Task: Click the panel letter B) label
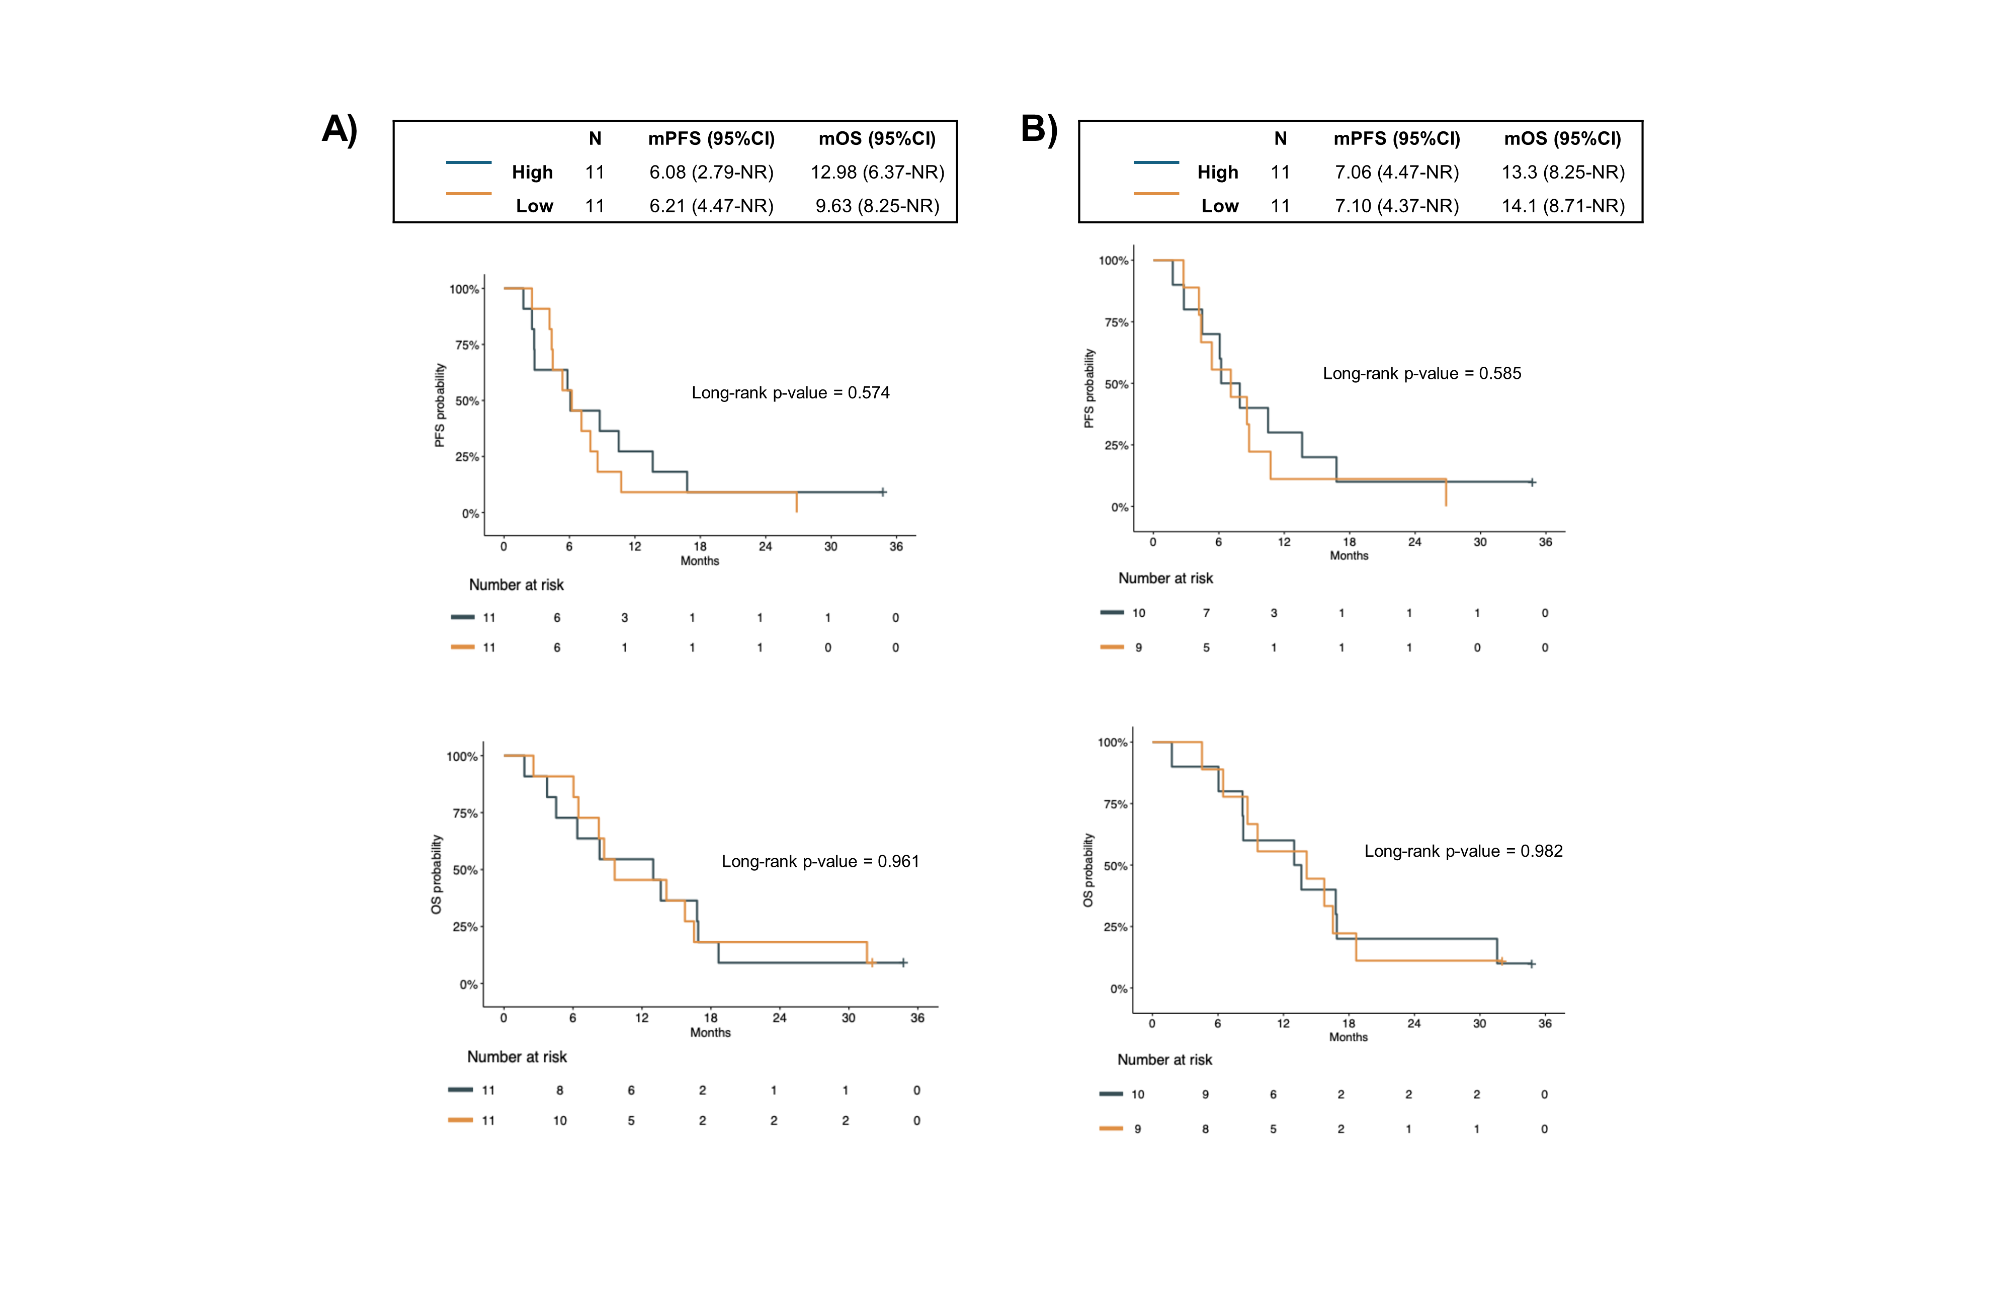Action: click(1039, 129)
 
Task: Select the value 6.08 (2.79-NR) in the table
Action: click(711, 173)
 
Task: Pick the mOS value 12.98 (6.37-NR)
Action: click(877, 173)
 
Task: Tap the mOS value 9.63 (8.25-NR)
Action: click(877, 206)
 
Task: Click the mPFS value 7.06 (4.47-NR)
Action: click(1396, 173)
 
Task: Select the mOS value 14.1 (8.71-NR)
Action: click(1562, 206)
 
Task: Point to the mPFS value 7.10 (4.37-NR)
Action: click(1396, 206)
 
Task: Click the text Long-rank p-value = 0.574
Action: click(790, 392)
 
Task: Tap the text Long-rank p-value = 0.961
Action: click(820, 861)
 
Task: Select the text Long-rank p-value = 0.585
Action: click(1421, 373)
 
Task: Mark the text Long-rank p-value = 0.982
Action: click(1463, 851)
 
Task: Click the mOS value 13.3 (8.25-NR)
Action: click(1562, 173)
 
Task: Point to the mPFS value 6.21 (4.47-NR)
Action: click(711, 206)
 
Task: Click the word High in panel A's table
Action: click(532, 173)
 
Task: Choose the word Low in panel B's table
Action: click(1219, 206)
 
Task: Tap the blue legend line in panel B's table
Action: click(1155, 161)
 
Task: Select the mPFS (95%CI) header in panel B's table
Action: click(1396, 139)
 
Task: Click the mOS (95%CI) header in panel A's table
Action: click(877, 139)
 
